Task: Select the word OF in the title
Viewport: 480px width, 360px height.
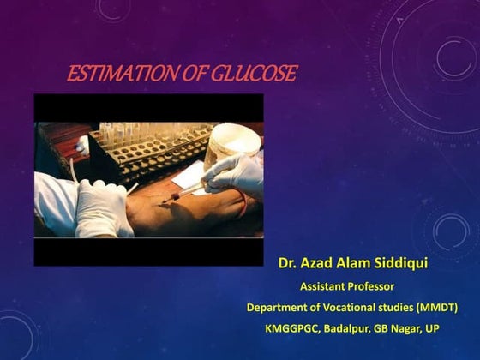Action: coord(189,75)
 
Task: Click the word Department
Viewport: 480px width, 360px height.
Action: coord(279,306)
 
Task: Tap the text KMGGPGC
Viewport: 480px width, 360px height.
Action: coord(291,328)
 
